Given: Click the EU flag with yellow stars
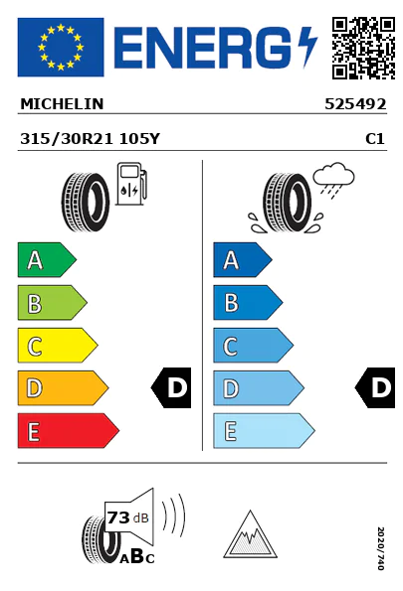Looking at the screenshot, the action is pyautogui.click(x=61, y=47).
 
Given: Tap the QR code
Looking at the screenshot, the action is pyautogui.click(x=363, y=48).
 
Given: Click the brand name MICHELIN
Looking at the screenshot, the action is pyautogui.click(x=62, y=104).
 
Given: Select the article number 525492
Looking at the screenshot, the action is pyautogui.click(x=355, y=104).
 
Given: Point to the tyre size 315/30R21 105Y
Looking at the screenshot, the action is pyautogui.click(x=90, y=139).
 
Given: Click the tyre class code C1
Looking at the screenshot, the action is pyautogui.click(x=375, y=139).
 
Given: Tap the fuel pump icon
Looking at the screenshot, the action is pyautogui.click(x=131, y=184).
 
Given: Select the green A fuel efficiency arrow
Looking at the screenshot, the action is pyautogui.click(x=47, y=259).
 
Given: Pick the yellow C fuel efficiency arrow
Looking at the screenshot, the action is pyautogui.click(x=58, y=346).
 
